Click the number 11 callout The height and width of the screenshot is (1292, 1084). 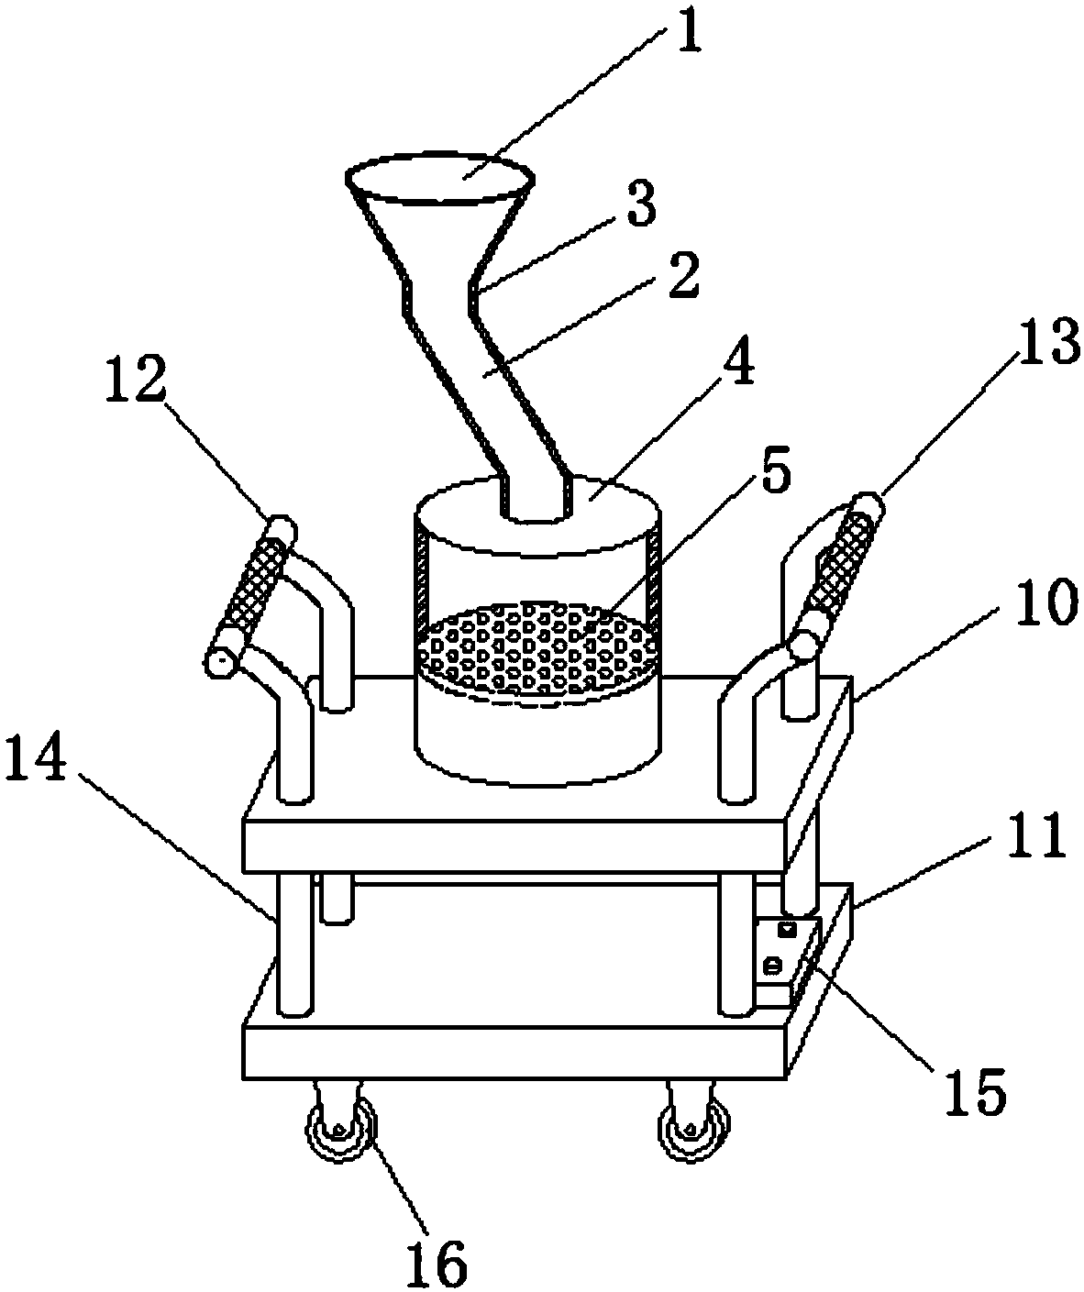(1035, 834)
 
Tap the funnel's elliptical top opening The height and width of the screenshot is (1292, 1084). (439, 181)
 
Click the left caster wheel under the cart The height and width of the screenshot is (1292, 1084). (340, 1132)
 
